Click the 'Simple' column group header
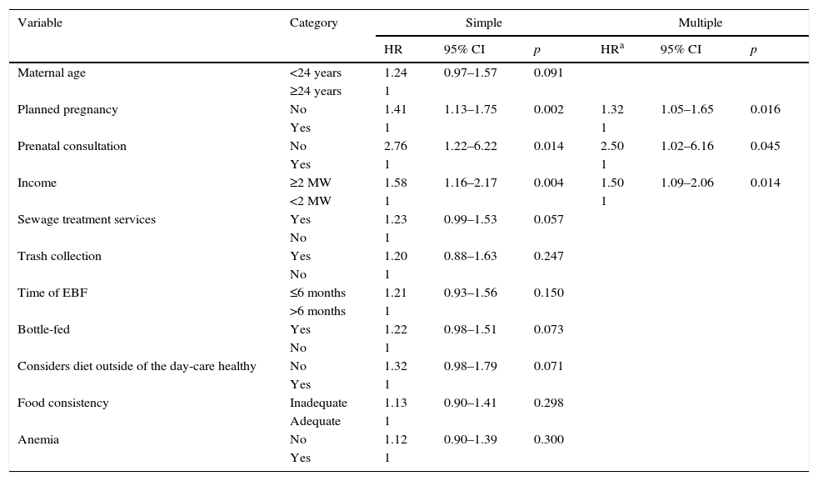483,23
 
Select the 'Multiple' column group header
700,23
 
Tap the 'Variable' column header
40,23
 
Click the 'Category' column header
313,23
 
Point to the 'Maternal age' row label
52,73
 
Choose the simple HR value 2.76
396,147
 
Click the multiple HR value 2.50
612,147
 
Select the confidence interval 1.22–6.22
470,147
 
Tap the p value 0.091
548,73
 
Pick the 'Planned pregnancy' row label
67,110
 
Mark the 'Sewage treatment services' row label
87,220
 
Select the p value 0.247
548,257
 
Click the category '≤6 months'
317,293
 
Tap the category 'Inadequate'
318,403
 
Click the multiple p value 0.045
765,147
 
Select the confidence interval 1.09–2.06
686,183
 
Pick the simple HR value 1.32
396,367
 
